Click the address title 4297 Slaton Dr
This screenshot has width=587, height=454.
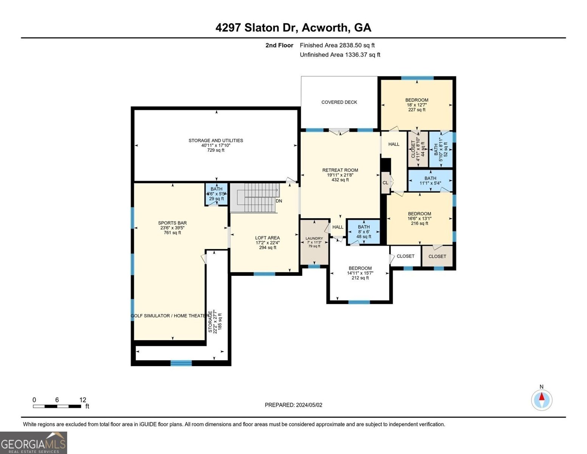pyautogui.click(x=293, y=28)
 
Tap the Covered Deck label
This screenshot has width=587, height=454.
pyautogui.click(x=339, y=102)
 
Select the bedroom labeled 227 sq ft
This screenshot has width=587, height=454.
pyautogui.click(x=417, y=105)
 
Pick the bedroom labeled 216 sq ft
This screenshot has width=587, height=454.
pyautogui.click(x=419, y=218)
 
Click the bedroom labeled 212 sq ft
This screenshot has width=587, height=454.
pyautogui.click(x=360, y=273)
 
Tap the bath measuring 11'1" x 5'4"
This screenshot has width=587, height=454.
pyautogui.click(x=430, y=180)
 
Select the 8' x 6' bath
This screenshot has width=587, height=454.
pyautogui.click(x=364, y=232)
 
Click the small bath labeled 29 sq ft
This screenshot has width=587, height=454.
pyautogui.click(x=217, y=194)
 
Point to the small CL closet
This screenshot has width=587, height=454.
pyautogui.click(x=385, y=183)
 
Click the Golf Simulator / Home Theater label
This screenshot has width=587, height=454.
pyautogui.click(x=170, y=316)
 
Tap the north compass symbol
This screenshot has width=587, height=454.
pyautogui.click(x=542, y=400)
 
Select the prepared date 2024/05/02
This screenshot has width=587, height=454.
pyautogui.click(x=293, y=405)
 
